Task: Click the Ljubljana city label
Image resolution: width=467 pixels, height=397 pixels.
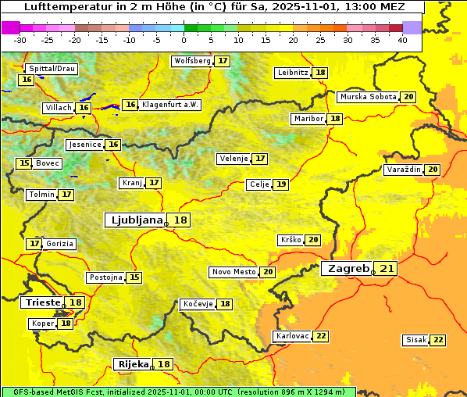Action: (135, 220)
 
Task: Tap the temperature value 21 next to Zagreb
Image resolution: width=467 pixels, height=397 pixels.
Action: (387, 269)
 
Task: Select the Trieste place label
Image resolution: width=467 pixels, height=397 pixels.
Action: (42, 302)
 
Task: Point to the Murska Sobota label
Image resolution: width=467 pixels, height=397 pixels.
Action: (367, 97)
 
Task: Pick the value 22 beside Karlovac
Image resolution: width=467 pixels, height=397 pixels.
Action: (321, 336)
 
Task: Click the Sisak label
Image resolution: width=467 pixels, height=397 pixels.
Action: (416, 340)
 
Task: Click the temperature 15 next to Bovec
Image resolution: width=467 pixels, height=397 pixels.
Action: (25, 163)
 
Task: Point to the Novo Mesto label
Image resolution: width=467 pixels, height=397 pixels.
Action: (233, 272)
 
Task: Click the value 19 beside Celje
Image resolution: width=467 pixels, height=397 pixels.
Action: (280, 184)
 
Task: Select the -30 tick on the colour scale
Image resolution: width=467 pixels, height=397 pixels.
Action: (20, 40)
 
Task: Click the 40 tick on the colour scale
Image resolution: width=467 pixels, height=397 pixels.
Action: (401, 40)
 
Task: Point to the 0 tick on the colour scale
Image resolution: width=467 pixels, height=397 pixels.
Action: (184, 40)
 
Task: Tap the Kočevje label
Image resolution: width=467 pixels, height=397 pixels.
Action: (197, 304)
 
